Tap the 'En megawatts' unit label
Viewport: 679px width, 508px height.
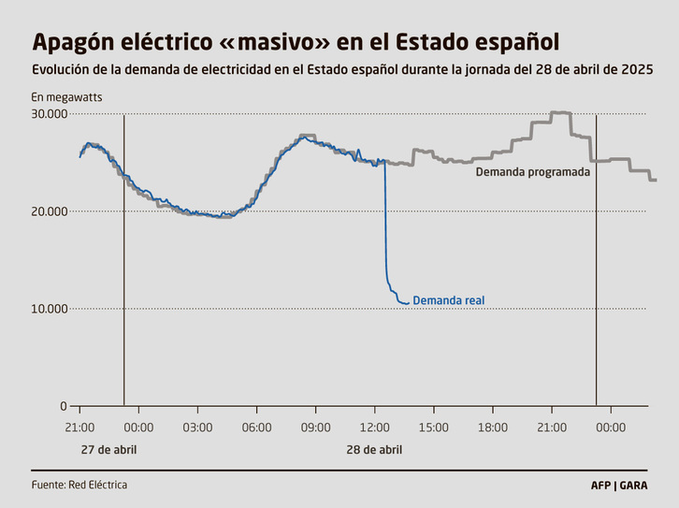(66, 97)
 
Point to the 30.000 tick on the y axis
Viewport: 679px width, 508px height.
(50, 114)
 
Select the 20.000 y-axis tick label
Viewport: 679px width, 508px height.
(50, 211)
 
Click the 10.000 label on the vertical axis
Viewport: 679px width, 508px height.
(50, 309)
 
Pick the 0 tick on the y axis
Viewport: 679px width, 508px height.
(63, 406)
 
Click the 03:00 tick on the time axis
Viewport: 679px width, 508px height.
(197, 428)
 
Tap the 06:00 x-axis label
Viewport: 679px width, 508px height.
(256, 428)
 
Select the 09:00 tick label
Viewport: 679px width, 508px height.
(315, 428)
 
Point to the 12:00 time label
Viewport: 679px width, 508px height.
(374, 428)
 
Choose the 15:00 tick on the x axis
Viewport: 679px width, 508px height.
(433, 428)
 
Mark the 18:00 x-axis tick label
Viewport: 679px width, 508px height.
(492, 428)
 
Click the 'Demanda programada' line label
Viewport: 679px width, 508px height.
(532, 172)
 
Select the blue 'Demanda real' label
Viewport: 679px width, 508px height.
(448, 300)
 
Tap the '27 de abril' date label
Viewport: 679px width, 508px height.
(108, 450)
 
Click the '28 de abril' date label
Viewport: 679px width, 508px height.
(374, 450)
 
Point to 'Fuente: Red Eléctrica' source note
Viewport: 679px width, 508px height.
(79, 485)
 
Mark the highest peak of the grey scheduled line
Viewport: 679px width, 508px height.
(560, 113)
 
